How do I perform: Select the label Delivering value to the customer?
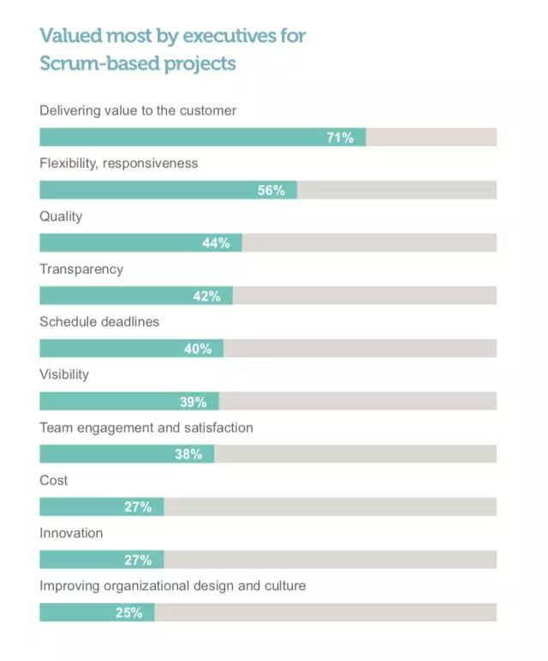click(138, 110)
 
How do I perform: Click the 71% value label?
click(340, 137)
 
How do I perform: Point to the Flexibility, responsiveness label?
click(119, 163)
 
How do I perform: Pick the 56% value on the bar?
click(271, 190)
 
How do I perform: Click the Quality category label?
click(61, 216)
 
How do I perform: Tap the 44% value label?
click(216, 243)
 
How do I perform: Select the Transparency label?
click(81, 269)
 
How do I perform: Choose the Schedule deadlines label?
click(99, 322)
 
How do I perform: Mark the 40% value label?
click(198, 349)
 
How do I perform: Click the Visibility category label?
click(64, 374)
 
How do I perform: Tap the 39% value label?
click(193, 402)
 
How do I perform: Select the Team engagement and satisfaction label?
click(146, 427)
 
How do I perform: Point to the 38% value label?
click(188, 455)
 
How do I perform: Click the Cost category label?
click(54, 480)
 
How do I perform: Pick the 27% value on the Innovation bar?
click(138, 560)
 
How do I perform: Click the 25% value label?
click(129, 613)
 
